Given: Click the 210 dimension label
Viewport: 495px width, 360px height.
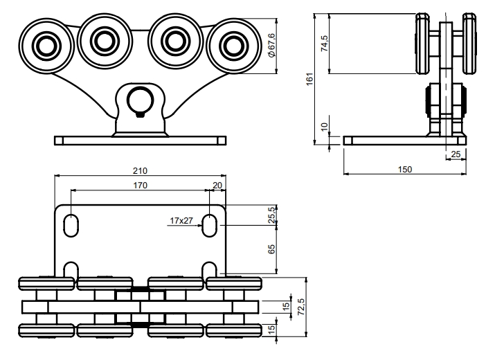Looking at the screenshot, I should [x=140, y=170].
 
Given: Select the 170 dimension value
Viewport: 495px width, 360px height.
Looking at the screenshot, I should [x=140, y=186].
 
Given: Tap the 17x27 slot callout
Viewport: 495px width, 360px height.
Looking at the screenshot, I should [x=181, y=221].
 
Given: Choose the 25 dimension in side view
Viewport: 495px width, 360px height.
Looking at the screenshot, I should [x=455, y=154].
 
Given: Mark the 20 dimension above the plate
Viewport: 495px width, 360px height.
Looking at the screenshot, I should [x=218, y=186].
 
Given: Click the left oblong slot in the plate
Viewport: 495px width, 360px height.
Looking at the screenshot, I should [x=71, y=225].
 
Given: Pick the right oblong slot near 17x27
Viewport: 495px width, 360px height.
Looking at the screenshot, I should [x=210, y=225].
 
